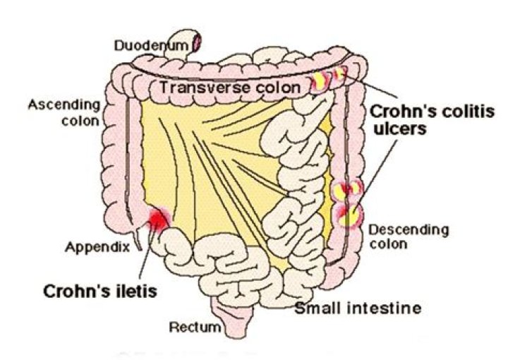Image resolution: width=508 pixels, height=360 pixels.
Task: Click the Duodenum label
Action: [151, 46]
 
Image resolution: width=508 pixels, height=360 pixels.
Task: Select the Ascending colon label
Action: [63, 113]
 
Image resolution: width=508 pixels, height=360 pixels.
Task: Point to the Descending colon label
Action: [398, 236]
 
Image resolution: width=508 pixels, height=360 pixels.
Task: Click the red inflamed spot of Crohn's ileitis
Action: [158, 220]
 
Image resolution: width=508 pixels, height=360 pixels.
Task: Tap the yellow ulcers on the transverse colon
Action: [331, 78]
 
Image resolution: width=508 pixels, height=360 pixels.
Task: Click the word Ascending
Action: [63, 106]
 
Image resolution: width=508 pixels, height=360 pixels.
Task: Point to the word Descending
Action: [398, 230]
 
